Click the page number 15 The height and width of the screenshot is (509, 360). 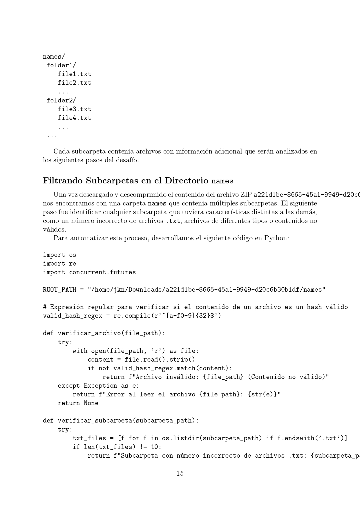180,473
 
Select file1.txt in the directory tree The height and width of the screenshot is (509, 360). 74,74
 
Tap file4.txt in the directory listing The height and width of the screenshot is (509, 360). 74,118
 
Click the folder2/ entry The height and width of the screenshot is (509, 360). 61,100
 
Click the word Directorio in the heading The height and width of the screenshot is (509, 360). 187,181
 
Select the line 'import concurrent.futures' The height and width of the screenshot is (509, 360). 89,272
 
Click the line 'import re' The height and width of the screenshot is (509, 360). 59,263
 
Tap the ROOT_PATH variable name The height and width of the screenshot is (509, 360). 59,290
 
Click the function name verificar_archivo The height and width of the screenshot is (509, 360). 89,333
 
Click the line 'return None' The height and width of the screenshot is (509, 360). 78,403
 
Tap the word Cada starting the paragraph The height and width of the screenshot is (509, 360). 61,151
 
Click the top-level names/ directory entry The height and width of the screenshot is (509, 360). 54,57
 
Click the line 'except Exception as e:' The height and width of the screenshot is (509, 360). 98,386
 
